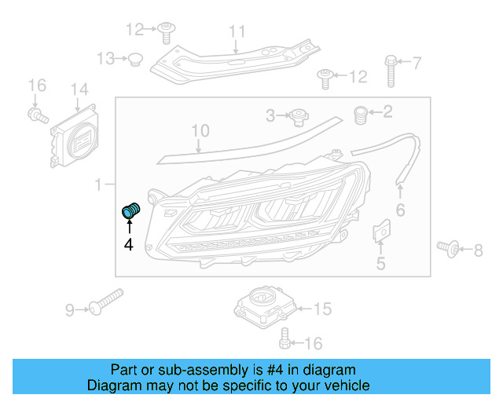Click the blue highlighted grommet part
(130, 211)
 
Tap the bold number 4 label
(128, 244)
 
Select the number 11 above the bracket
(237, 31)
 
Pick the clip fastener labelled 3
(298, 117)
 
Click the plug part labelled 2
(362, 114)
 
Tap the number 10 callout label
(200, 130)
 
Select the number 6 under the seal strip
(399, 210)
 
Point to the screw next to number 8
(450, 250)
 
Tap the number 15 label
(322, 309)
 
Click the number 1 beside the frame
(98, 185)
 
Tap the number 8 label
(478, 250)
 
